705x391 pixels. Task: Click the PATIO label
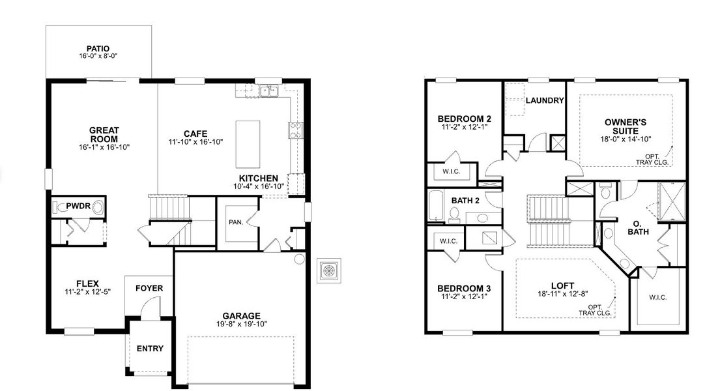(98, 48)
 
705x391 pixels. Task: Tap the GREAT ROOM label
(104, 135)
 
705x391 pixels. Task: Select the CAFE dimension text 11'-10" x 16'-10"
(195, 141)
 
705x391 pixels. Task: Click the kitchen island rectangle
(248, 144)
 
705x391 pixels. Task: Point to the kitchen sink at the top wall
(268, 91)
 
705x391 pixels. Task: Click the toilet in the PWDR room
(97, 208)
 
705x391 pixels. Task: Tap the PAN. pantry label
(236, 222)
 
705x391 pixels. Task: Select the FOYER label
(149, 288)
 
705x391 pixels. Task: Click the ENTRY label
(150, 349)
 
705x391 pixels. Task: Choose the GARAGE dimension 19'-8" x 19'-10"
(241, 324)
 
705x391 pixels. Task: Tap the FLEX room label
(87, 283)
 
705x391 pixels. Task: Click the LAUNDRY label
(544, 100)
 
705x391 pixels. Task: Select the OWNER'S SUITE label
(626, 126)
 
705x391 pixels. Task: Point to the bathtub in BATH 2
(435, 207)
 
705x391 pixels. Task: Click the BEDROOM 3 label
(464, 288)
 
